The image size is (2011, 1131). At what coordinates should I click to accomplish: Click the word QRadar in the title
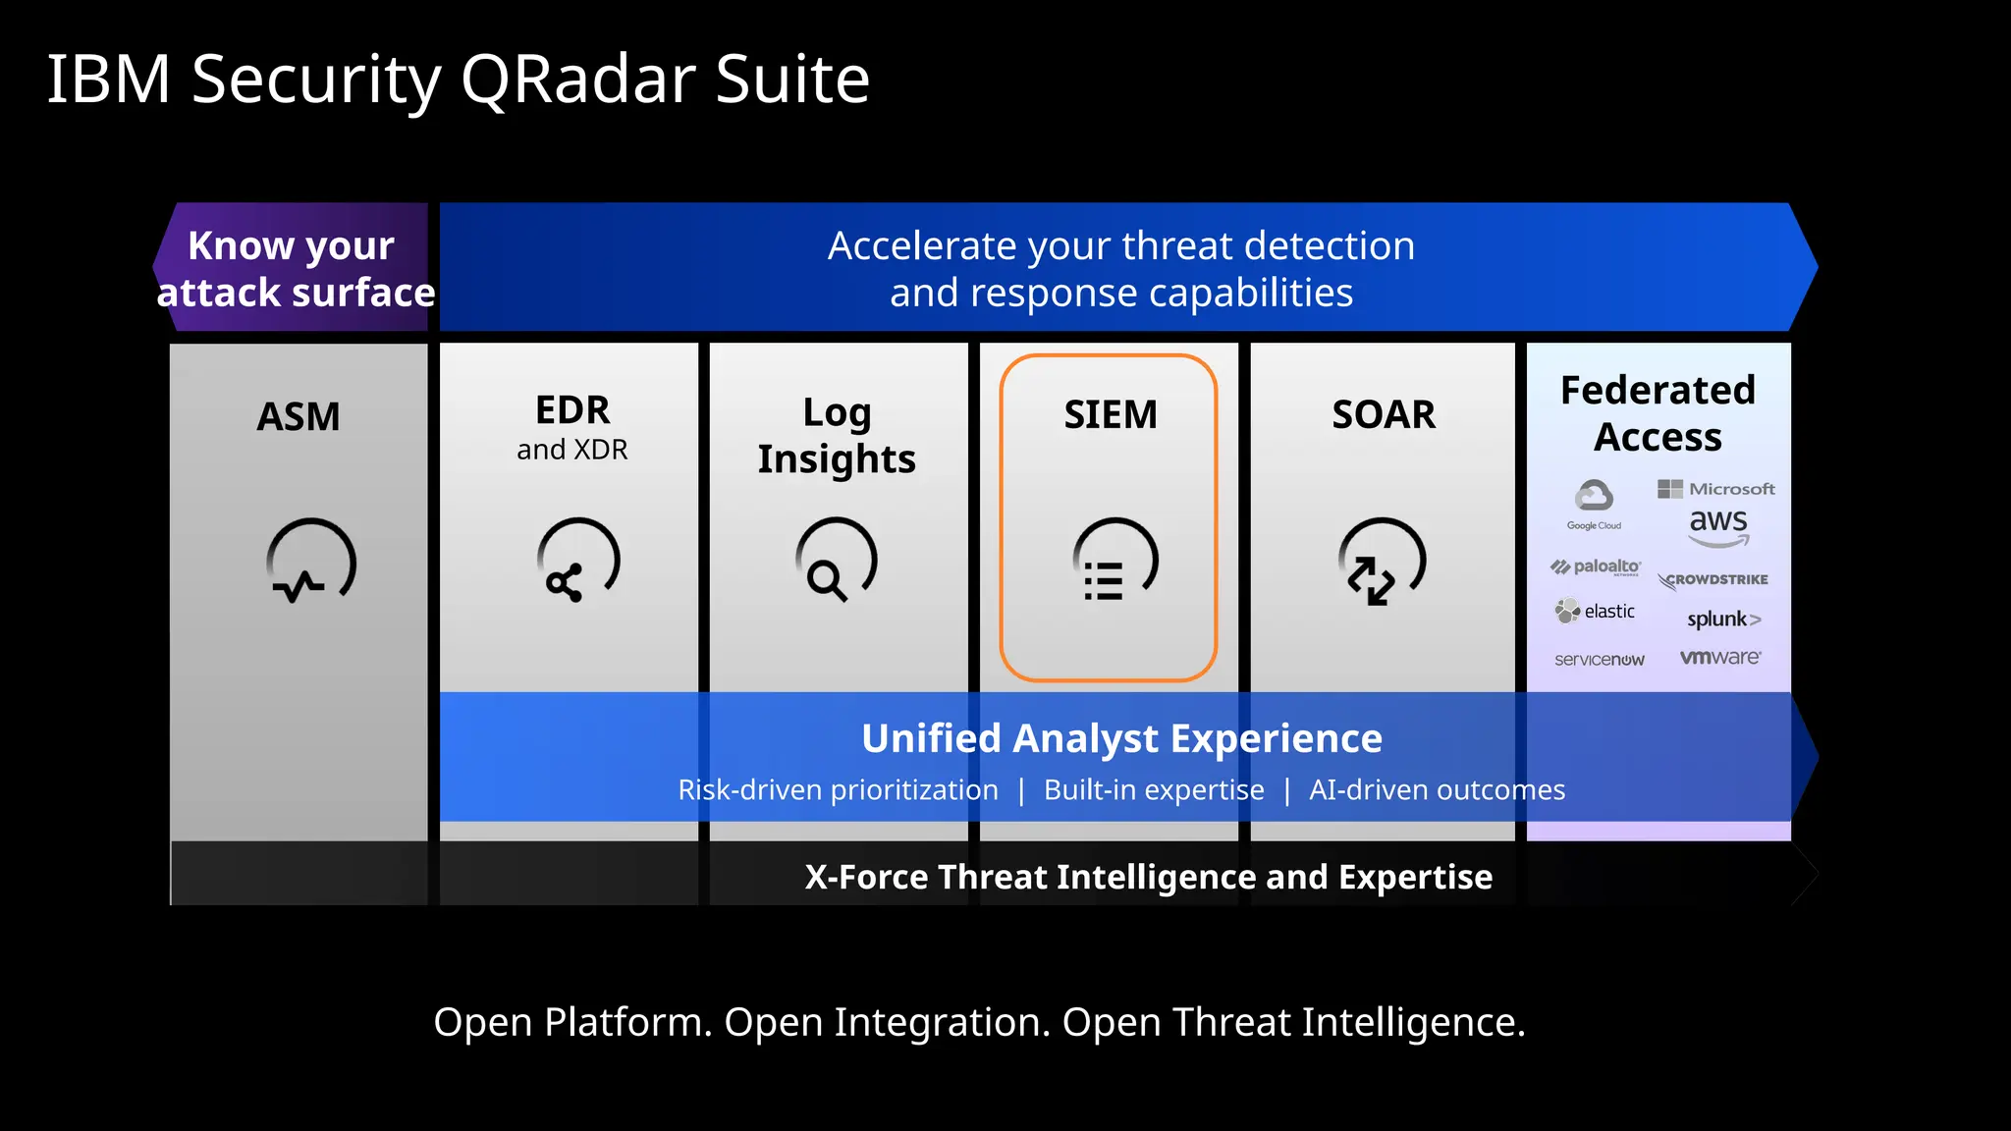point(577,81)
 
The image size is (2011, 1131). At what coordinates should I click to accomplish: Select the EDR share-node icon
point(578,561)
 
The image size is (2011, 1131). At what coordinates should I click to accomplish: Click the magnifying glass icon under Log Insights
point(837,561)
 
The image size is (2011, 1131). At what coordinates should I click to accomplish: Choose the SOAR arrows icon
point(1382,563)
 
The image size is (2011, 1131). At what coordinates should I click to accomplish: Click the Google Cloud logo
point(1594,504)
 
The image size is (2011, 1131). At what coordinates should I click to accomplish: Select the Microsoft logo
point(1715,488)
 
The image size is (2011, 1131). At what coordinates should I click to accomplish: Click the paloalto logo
point(1596,567)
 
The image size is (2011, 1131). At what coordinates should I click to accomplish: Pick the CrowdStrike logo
point(1713,580)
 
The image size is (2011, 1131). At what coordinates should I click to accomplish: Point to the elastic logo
point(1596,612)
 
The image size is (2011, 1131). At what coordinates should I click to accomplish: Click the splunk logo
point(1723,619)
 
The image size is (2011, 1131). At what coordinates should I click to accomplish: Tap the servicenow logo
point(1599,660)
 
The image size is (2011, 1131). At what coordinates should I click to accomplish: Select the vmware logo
point(1719,658)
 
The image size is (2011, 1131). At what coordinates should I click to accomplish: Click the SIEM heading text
point(1111,415)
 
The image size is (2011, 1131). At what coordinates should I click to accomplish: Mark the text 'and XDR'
point(571,450)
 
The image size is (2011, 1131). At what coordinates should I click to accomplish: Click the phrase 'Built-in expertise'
point(1154,790)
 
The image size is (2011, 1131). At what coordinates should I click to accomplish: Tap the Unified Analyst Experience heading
point(1121,738)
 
